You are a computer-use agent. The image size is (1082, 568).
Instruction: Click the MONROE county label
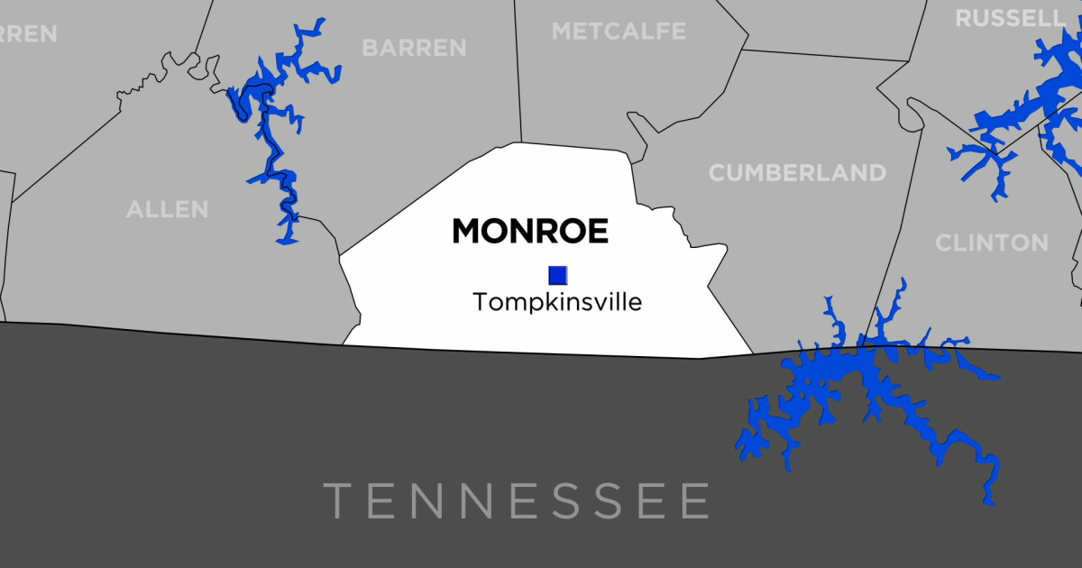pos(529,232)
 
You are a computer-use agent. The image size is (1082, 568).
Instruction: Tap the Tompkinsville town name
pos(557,302)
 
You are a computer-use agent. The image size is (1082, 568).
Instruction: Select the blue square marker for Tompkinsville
pos(558,275)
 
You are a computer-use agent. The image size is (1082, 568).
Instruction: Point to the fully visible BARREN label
pos(414,48)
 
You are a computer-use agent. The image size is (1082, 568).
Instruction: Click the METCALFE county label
pos(619,32)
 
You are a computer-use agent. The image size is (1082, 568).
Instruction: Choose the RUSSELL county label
pos(1010,18)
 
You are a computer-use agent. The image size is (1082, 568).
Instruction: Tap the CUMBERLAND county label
pos(797,173)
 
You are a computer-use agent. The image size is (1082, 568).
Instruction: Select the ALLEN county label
pos(168,210)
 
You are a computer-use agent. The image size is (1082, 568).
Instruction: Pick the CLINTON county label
pos(992,243)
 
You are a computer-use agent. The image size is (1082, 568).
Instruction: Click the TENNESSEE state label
pos(517,500)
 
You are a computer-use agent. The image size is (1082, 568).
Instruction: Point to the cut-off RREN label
pos(27,34)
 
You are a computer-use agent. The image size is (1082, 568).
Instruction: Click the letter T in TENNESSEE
pos(338,500)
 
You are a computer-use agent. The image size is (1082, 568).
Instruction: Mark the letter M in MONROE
pos(468,232)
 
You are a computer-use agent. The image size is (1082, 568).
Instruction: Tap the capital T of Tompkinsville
pos(480,302)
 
